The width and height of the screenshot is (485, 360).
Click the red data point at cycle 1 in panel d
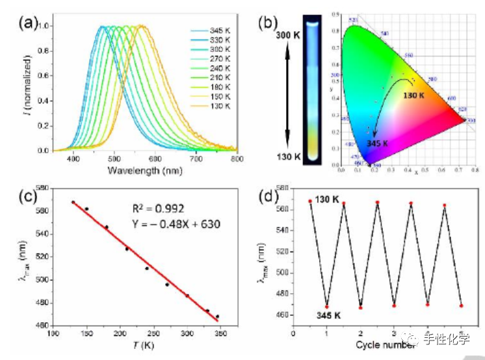327,307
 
